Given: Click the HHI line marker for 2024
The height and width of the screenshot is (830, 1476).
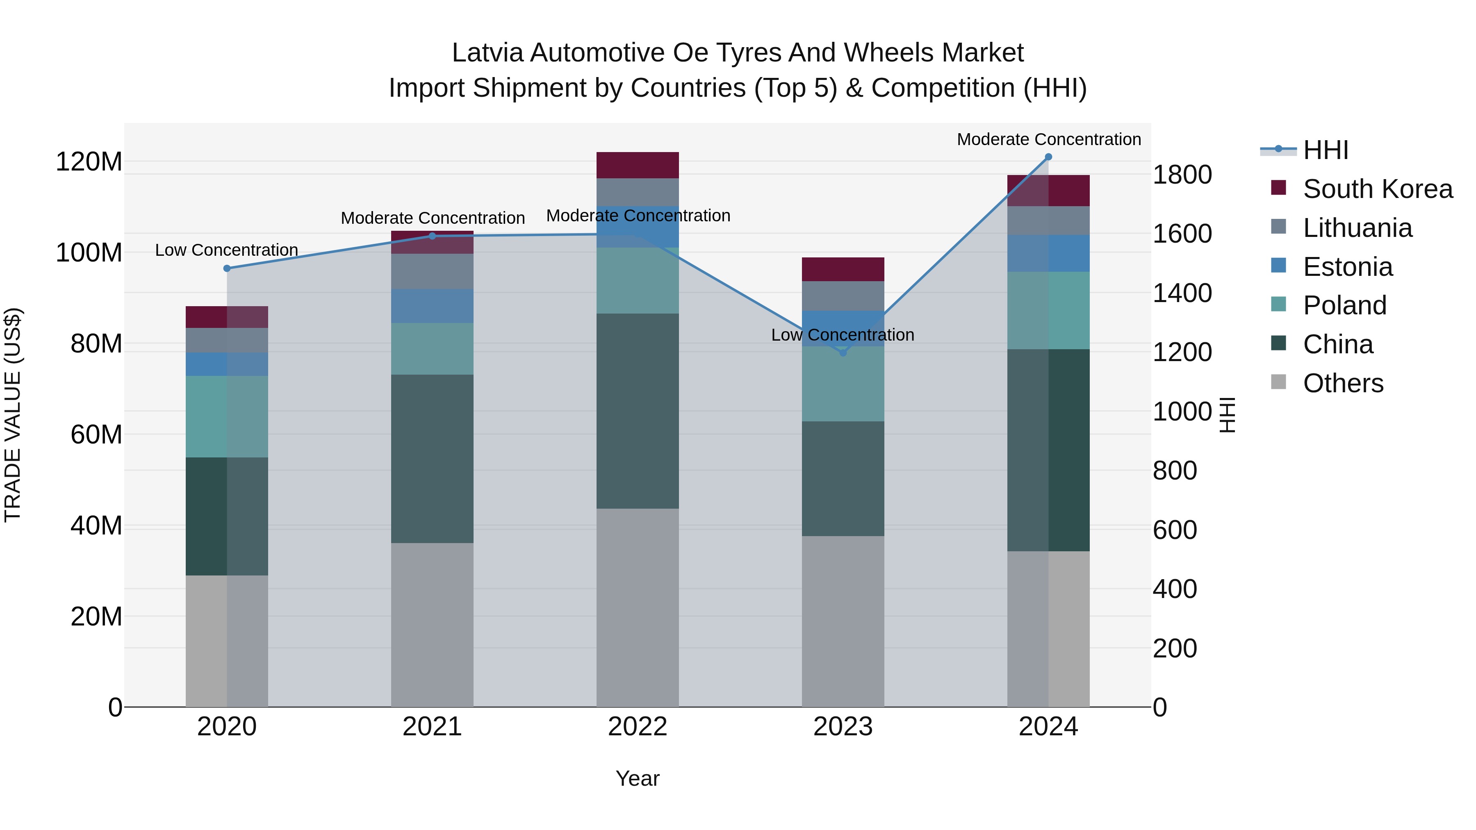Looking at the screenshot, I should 1048,157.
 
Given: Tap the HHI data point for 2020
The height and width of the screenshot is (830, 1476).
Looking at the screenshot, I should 227,268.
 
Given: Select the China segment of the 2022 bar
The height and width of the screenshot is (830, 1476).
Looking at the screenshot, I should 638,411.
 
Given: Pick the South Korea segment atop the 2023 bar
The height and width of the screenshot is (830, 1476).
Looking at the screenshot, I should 843,269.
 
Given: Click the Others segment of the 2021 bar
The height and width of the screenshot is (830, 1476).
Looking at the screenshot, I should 432,624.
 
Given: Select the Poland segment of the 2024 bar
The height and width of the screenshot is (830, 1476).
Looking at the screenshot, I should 1048,310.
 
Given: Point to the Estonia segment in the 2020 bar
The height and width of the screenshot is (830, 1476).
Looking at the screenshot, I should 227,364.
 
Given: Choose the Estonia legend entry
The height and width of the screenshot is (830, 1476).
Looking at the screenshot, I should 1347,267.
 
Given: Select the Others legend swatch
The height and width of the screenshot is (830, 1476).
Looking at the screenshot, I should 1278,382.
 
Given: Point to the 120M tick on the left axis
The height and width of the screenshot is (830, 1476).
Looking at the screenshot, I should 89,162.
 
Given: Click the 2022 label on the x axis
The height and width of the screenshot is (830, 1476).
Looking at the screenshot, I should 638,727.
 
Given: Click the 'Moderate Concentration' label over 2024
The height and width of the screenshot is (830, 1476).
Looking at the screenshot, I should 1048,139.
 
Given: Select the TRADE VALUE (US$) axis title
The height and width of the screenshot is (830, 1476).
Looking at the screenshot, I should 13,415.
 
